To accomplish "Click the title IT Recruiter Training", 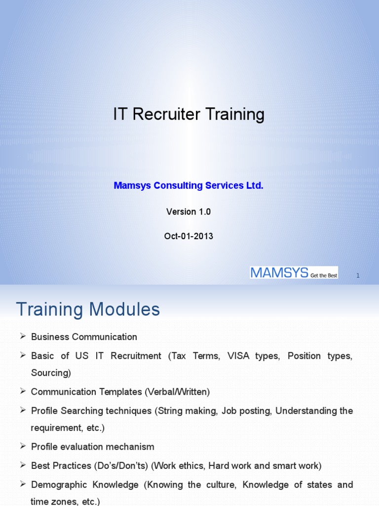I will (x=189, y=115).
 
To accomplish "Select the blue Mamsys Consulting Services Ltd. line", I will (x=189, y=186).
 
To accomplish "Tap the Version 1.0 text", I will (x=189, y=211).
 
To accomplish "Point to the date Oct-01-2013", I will (x=189, y=236).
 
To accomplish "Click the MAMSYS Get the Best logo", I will (x=294, y=272).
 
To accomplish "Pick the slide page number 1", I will (x=358, y=276).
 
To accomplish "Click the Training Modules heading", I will (x=88, y=310).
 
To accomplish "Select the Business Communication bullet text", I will (x=84, y=337).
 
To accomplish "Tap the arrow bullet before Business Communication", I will (x=22, y=337).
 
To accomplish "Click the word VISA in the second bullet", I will (x=239, y=356).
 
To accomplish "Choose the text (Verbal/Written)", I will (x=177, y=392).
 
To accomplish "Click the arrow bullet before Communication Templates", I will (x=22, y=391).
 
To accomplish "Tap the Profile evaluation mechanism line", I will (x=92, y=447).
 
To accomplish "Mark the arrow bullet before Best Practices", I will (x=22, y=465).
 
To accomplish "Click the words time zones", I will (x=52, y=502).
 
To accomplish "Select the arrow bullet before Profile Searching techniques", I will (x=22, y=410).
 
